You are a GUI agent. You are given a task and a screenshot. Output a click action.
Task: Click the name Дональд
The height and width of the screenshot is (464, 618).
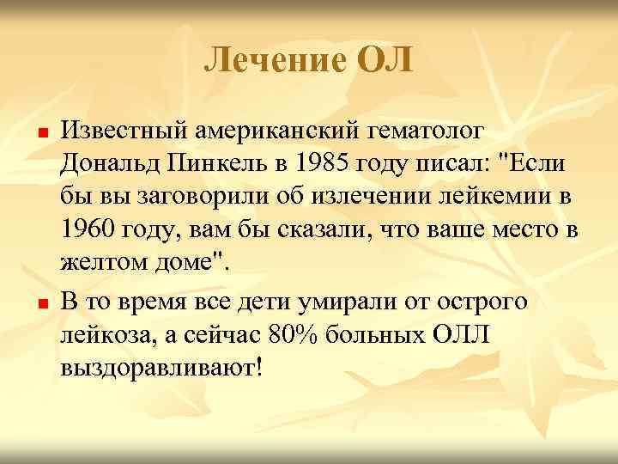point(109,164)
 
